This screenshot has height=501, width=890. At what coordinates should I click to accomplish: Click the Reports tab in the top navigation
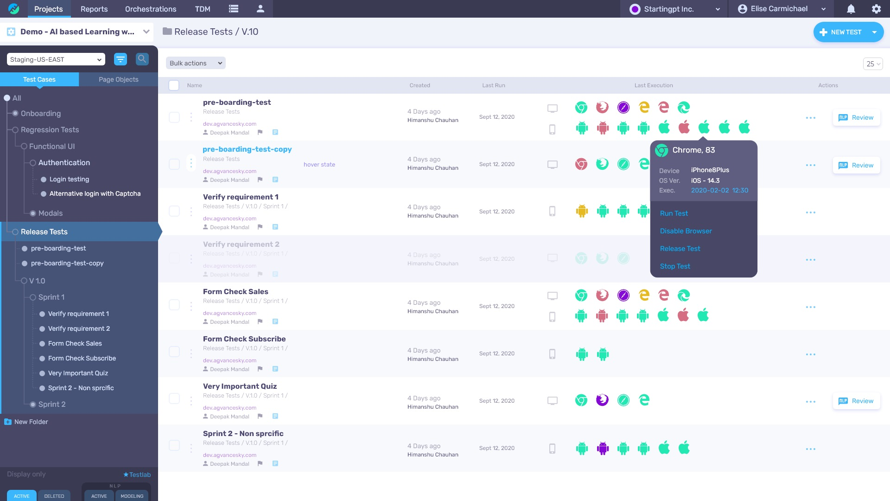point(94,9)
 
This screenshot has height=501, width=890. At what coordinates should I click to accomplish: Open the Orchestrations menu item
point(151,9)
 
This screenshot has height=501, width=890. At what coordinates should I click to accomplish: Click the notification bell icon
point(851,9)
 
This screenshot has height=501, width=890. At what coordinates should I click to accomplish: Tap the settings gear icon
point(876,9)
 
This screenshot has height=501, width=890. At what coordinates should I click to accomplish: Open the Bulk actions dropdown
point(196,63)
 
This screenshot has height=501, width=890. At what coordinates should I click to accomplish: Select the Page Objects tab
point(118,79)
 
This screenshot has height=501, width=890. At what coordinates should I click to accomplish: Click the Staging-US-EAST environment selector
point(56,59)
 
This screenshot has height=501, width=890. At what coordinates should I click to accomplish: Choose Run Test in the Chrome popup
point(674,213)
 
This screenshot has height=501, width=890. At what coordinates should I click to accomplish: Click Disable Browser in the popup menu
point(686,231)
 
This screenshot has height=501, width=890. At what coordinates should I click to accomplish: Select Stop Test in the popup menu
point(675,266)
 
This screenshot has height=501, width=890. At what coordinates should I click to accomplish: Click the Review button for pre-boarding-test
point(857,118)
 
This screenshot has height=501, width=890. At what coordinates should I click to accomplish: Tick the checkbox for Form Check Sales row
point(174,305)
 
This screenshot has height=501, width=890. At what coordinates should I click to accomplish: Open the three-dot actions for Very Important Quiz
point(811,402)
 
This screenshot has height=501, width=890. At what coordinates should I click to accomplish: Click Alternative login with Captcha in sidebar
point(95,193)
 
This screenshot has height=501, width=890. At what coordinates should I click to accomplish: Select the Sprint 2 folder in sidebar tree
point(52,404)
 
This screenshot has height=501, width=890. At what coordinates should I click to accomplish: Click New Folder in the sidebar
point(31,422)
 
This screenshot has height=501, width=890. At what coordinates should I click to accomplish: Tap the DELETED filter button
point(54,496)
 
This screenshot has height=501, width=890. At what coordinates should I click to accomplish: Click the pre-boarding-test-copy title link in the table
point(247,149)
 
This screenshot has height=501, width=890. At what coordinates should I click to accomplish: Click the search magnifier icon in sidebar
point(142,59)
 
